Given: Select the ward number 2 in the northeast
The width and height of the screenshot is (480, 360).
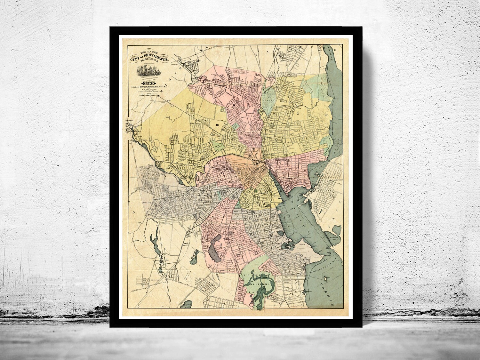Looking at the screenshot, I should [x=298, y=113].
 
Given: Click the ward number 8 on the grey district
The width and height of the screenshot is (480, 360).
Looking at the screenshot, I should [x=202, y=201].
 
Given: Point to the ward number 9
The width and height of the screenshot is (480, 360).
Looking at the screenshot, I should [x=221, y=173].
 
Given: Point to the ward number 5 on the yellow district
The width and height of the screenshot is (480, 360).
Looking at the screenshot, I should [x=258, y=197].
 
